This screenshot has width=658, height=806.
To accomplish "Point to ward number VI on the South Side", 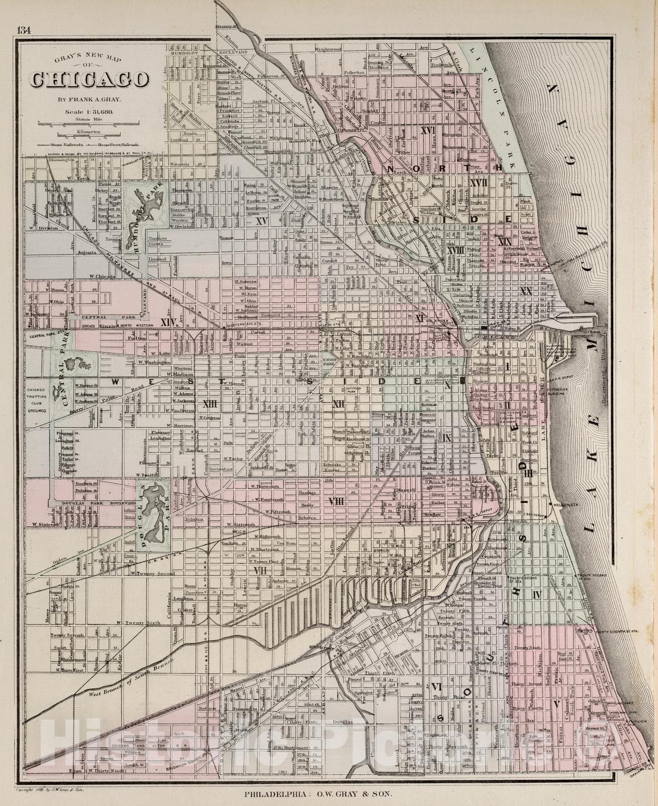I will [437, 687].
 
